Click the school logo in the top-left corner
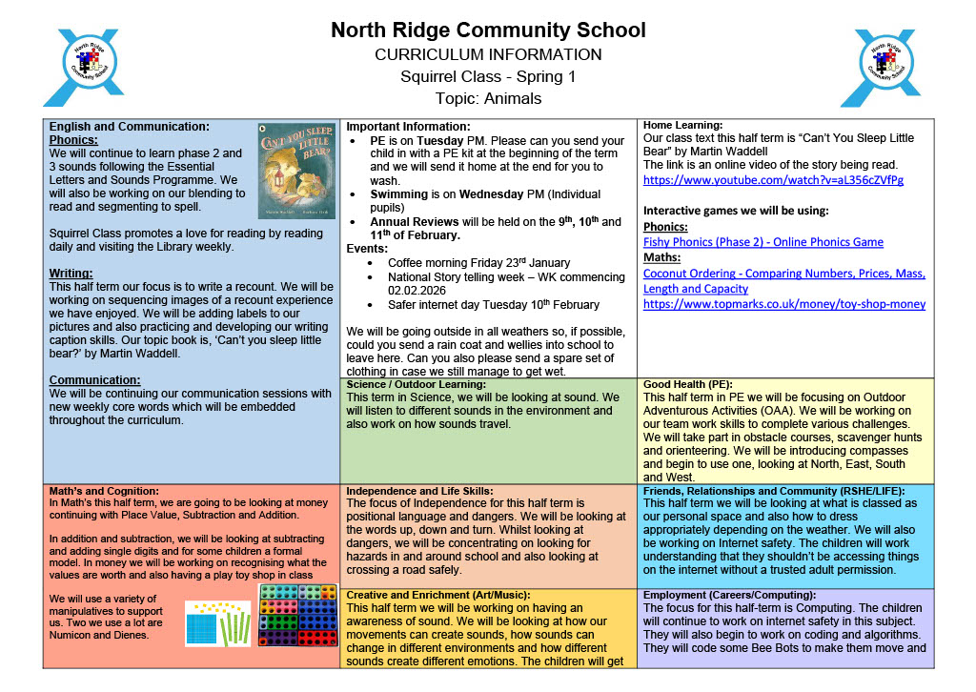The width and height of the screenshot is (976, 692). pyautogui.click(x=83, y=67)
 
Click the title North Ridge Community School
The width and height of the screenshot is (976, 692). pyautogui.click(x=488, y=30)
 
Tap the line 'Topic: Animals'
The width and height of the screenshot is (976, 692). pyautogui.click(x=488, y=98)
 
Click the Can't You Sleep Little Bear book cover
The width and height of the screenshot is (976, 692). pyautogui.click(x=295, y=171)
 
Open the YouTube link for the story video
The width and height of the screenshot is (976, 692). pyautogui.click(x=773, y=180)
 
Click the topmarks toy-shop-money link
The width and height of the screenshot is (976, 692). pyautogui.click(x=784, y=304)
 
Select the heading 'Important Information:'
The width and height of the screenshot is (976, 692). pyautogui.click(x=408, y=127)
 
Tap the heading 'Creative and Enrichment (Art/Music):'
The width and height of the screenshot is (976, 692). pyautogui.click(x=438, y=595)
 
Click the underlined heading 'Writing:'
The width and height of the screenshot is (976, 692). pyautogui.click(x=72, y=274)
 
